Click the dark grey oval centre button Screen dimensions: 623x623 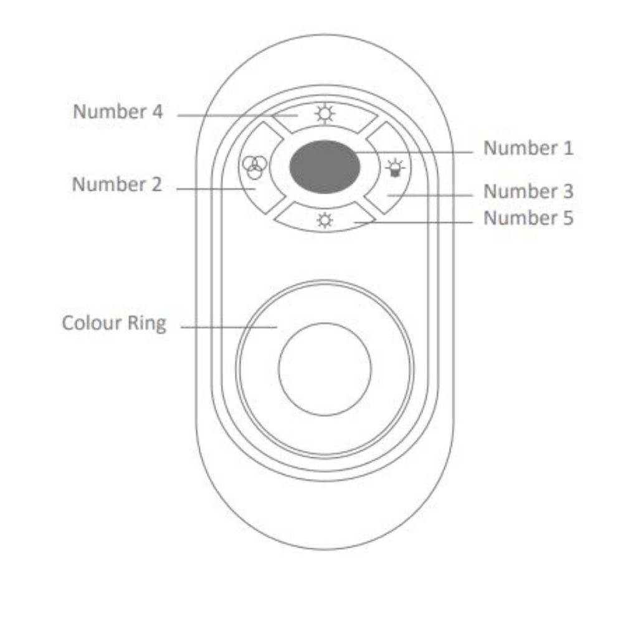pyautogui.click(x=325, y=167)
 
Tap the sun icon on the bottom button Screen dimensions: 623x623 pyautogui.click(x=325, y=221)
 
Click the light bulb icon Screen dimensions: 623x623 pyautogui.click(x=394, y=168)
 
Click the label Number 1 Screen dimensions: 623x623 pyautogui.click(x=528, y=148)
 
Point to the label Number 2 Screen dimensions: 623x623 pyautogui.click(x=117, y=185)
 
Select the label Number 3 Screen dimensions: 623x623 pyautogui.click(x=528, y=191)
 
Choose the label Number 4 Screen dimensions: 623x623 pyautogui.click(x=118, y=112)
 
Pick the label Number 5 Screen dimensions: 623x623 pyautogui.click(x=528, y=218)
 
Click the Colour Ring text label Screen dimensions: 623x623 pyautogui.click(x=114, y=324)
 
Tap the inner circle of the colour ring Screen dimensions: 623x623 pyautogui.click(x=325, y=368)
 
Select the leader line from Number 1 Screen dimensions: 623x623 pyautogui.click(x=411, y=150)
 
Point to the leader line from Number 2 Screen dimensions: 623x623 pyautogui.click(x=215, y=188)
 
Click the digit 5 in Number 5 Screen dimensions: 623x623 pyautogui.click(x=567, y=218)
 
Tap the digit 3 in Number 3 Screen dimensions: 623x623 pyautogui.click(x=567, y=191)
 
